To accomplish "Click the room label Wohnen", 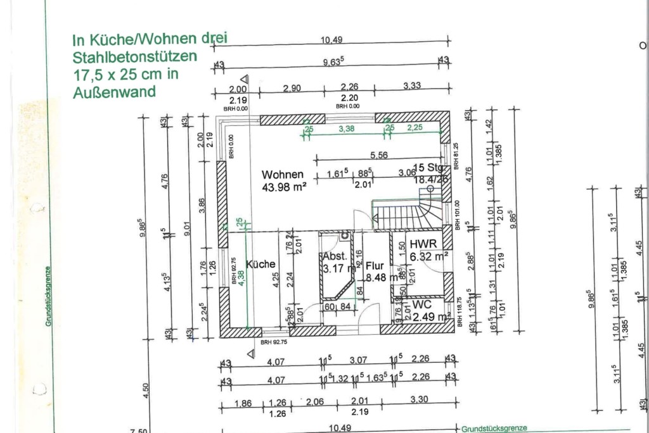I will (283, 175).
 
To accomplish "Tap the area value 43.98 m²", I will (284, 187).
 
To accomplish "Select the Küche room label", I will (260, 264).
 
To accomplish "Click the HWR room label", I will (421, 244).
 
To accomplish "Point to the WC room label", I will (422, 304).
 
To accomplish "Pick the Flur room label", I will (375, 266).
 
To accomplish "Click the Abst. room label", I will (335, 257).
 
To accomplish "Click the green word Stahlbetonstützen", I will (135, 56).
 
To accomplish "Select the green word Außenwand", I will (114, 92).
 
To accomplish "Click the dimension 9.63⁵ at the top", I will (333, 61).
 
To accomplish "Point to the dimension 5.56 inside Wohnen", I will (378, 155).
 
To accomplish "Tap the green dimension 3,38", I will (346, 129).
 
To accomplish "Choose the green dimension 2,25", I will (415, 128).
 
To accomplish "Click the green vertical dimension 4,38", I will (240, 275).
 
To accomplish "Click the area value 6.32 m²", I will (429, 256).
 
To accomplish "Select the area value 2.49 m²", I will (431, 316).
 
